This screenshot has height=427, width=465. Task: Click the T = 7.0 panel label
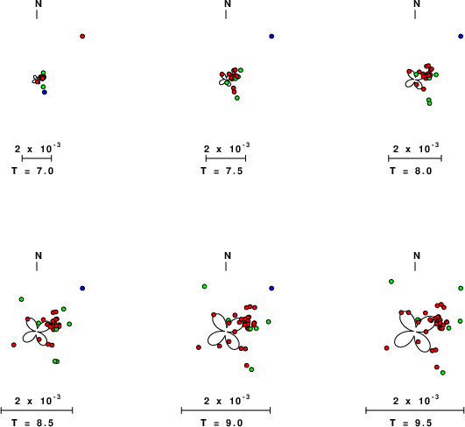32,171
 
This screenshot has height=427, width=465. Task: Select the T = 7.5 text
222,171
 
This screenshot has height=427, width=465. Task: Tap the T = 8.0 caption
411,171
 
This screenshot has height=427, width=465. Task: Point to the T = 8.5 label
32,423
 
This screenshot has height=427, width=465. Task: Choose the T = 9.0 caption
222,423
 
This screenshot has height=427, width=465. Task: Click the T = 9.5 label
411,423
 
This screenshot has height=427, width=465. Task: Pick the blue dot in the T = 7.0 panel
45,93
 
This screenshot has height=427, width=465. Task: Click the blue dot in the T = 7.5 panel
271,37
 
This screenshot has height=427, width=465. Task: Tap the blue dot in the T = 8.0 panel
461,37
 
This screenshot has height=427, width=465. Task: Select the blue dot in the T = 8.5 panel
82,289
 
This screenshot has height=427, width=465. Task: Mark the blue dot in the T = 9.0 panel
271,289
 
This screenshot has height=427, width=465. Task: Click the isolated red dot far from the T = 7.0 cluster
82,37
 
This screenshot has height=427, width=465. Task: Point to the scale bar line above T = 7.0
37,158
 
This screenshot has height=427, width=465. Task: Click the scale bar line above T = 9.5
415,410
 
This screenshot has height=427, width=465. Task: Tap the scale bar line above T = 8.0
415,158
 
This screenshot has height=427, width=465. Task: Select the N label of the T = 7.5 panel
228,3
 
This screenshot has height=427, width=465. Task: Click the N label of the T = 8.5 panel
39,255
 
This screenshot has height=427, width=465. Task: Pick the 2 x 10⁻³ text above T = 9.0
227,401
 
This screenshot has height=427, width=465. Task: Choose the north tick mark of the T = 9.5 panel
415,267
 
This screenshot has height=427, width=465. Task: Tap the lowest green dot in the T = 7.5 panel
237,98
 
